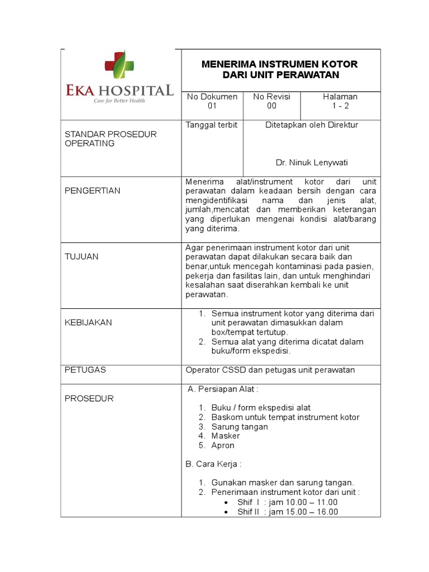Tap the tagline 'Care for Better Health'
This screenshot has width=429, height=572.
(x=119, y=101)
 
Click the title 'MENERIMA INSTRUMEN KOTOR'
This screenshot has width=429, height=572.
(x=279, y=64)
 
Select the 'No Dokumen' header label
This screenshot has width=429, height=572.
(x=212, y=97)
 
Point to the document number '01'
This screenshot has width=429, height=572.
(x=212, y=106)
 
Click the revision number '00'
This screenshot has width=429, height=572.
(x=271, y=106)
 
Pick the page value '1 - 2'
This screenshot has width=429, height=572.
(x=340, y=106)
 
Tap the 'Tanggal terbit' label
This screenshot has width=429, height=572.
(x=212, y=125)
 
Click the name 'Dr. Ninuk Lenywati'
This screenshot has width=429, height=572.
(x=312, y=163)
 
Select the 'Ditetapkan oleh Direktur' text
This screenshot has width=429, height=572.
(x=312, y=125)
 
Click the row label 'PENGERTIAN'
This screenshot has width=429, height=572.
(x=93, y=190)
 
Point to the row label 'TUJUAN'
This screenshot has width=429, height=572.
(x=82, y=256)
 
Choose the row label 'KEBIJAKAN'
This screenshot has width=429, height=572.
(x=88, y=322)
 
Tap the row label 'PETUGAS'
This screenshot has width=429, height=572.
(x=85, y=370)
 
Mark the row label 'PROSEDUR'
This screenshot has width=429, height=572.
(x=89, y=398)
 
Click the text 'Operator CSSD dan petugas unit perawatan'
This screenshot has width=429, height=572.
(x=270, y=370)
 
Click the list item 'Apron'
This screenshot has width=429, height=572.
(x=223, y=446)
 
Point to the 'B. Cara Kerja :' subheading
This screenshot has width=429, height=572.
(x=213, y=464)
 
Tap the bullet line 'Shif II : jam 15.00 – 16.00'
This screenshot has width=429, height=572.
(x=287, y=512)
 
